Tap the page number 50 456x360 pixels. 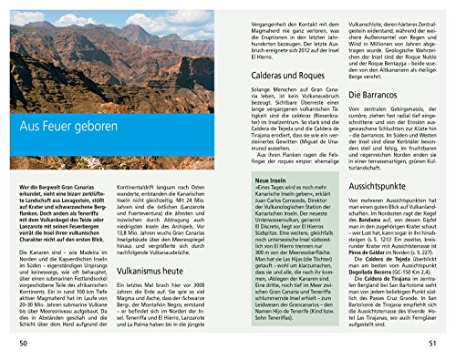pos(23,342)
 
